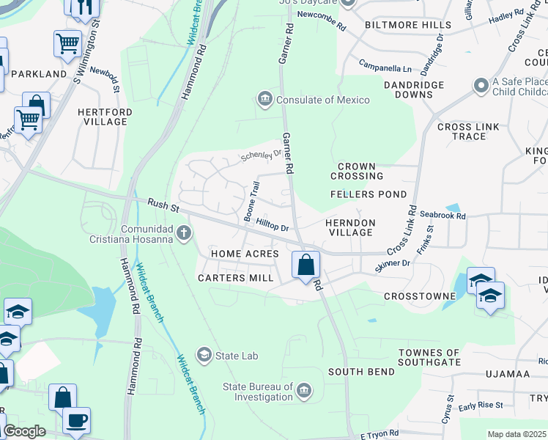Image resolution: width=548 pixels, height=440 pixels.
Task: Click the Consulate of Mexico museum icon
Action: (x=264, y=99)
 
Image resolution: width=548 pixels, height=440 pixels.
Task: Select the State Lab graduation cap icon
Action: (x=204, y=356)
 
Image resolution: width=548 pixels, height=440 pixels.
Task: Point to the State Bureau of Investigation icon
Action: (x=304, y=388)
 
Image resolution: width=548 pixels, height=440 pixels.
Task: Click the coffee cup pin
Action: (x=76, y=420)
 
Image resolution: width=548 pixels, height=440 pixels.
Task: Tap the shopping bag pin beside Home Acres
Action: (x=306, y=264)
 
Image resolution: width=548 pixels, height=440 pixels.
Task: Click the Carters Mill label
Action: (x=236, y=278)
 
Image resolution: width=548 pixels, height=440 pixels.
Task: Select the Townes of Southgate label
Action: (x=429, y=357)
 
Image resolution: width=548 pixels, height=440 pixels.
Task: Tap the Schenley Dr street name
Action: (x=262, y=156)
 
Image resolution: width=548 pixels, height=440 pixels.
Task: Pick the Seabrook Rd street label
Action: (x=443, y=216)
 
